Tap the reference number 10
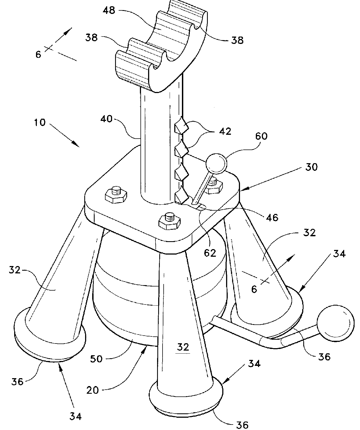coord(40,123)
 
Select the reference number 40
coord(106,119)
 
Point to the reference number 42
coord(225,132)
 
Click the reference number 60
coord(261,136)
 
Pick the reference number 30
coord(311,167)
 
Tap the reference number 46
coord(272,217)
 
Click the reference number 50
coord(96,359)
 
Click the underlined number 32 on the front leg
coord(183,347)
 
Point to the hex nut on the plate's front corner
coord(169,221)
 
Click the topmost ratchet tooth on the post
coord(181,126)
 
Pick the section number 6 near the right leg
coord(254,289)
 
